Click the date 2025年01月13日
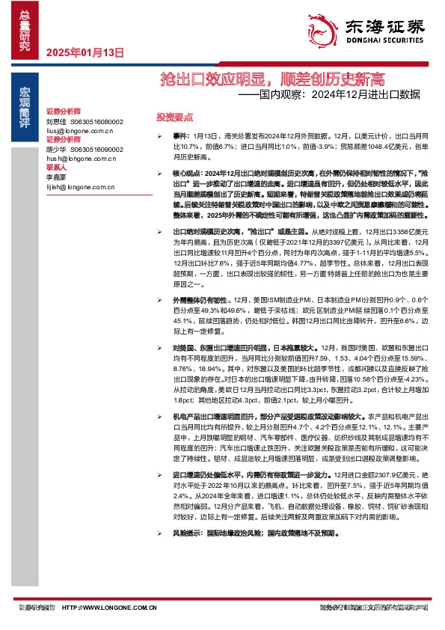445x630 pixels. tap(84, 52)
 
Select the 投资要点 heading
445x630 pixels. tap(174, 117)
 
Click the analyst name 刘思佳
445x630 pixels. tap(57, 121)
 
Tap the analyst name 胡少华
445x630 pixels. tap(57, 150)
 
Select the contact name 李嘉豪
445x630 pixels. tap(57, 178)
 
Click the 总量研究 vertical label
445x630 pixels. tap(25, 30)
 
